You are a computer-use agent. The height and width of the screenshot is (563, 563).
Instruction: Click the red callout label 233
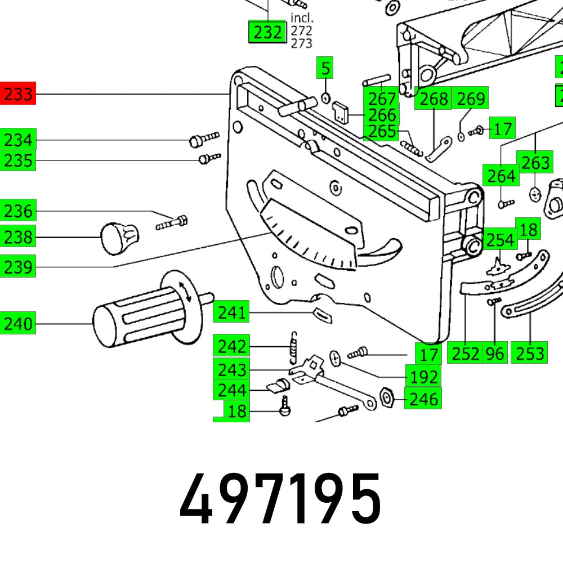coord(18,93)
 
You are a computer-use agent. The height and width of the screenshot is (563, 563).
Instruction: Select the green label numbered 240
coord(18,324)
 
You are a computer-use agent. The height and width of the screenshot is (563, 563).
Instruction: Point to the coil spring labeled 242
coord(293,348)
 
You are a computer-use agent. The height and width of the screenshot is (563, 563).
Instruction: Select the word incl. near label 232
coord(302,18)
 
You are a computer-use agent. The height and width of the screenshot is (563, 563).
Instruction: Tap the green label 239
coord(18,266)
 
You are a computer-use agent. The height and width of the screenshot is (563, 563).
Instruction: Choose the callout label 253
coord(530,353)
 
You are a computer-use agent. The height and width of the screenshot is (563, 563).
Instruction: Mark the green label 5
coord(325,69)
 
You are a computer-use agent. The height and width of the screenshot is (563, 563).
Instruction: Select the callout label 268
coord(434,99)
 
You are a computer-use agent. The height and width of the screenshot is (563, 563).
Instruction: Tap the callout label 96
coord(494,353)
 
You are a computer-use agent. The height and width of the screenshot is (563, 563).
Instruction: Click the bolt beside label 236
coord(171,222)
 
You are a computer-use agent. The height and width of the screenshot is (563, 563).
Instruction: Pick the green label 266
coord(380,115)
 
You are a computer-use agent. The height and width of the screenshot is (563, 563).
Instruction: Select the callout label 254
coord(500,240)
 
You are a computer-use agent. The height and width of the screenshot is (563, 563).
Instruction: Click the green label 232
coord(267,33)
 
